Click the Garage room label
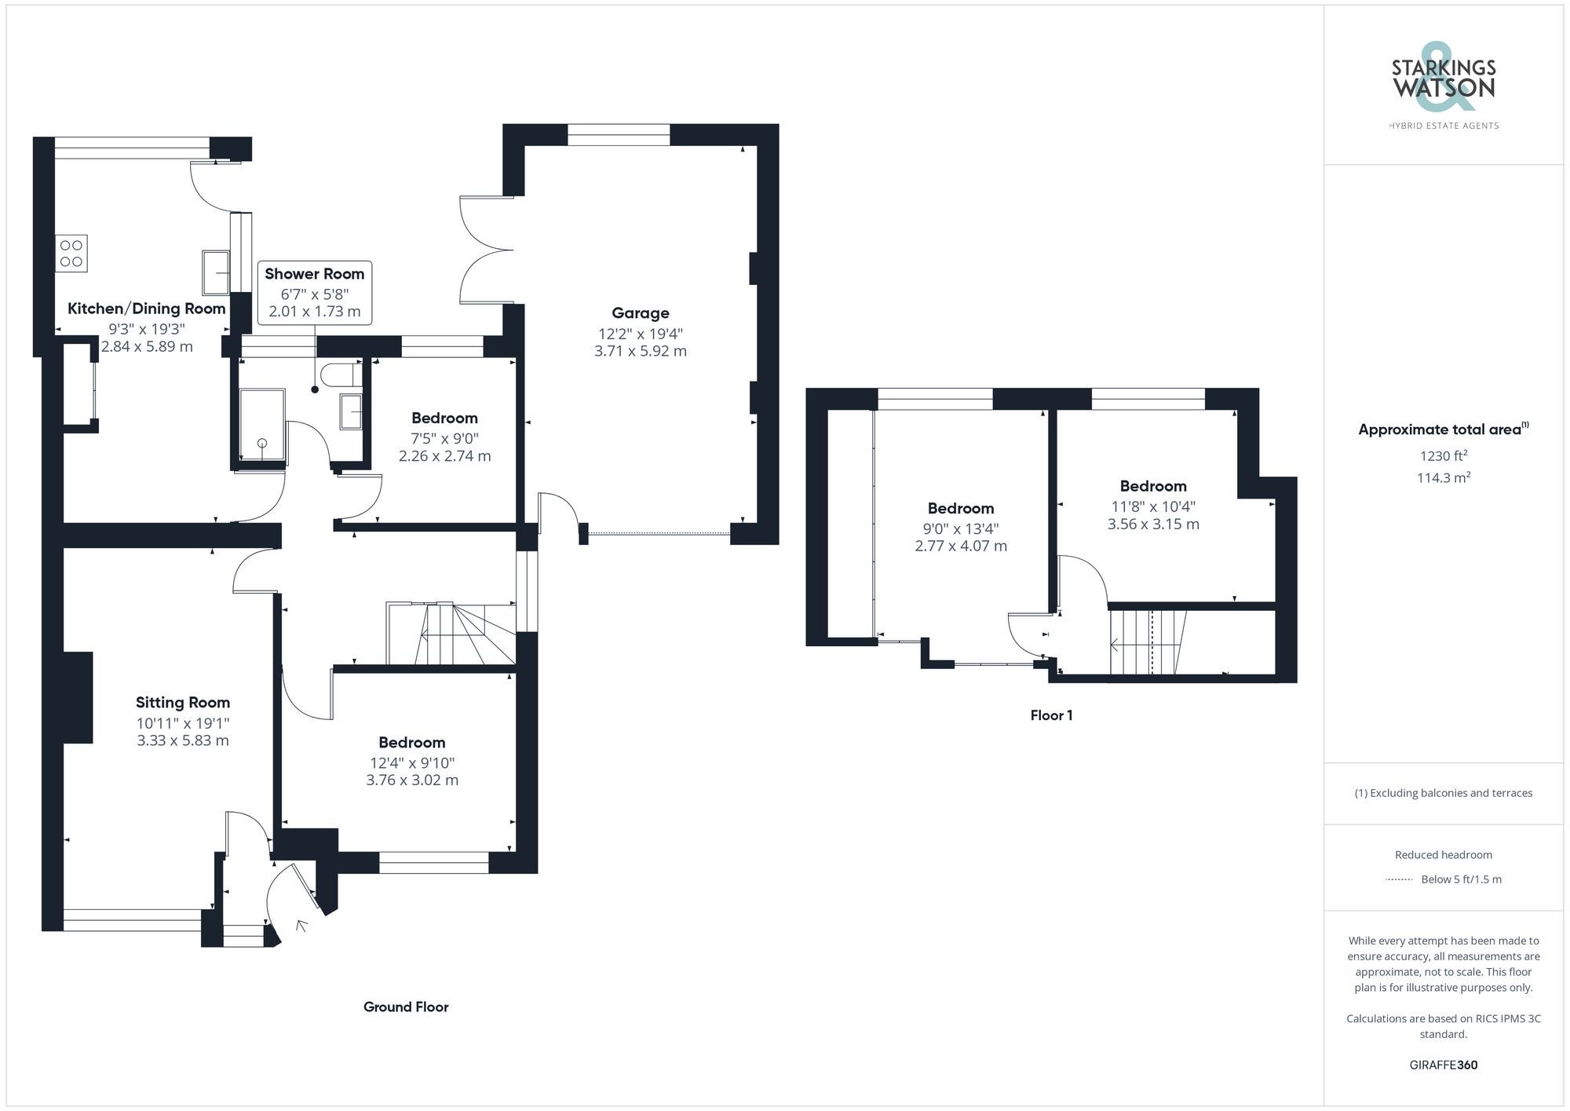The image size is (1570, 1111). click(x=640, y=313)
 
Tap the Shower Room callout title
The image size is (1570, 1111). click(x=314, y=274)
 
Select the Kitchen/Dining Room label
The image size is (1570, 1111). click(x=146, y=309)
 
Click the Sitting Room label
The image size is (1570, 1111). click(x=182, y=703)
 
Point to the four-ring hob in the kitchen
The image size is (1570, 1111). click(x=71, y=254)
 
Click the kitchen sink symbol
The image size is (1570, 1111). click(x=215, y=271)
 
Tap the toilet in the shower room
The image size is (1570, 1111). click(x=343, y=375)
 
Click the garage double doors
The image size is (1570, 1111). click(x=485, y=250)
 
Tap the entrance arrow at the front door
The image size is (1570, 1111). click(x=301, y=926)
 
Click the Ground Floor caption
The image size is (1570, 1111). click(x=406, y=1007)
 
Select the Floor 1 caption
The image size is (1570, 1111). click(x=1051, y=715)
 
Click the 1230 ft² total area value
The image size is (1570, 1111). click(x=1443, y=456)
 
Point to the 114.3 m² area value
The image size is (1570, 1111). click(x=1443, y=477)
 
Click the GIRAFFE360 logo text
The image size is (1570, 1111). click(x=1443, y=1065)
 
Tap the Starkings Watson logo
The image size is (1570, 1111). click(x=1443, y=82)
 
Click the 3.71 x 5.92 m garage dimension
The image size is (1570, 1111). click(x=640, y=351)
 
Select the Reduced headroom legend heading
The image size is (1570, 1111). click(x=1443, y=855)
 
